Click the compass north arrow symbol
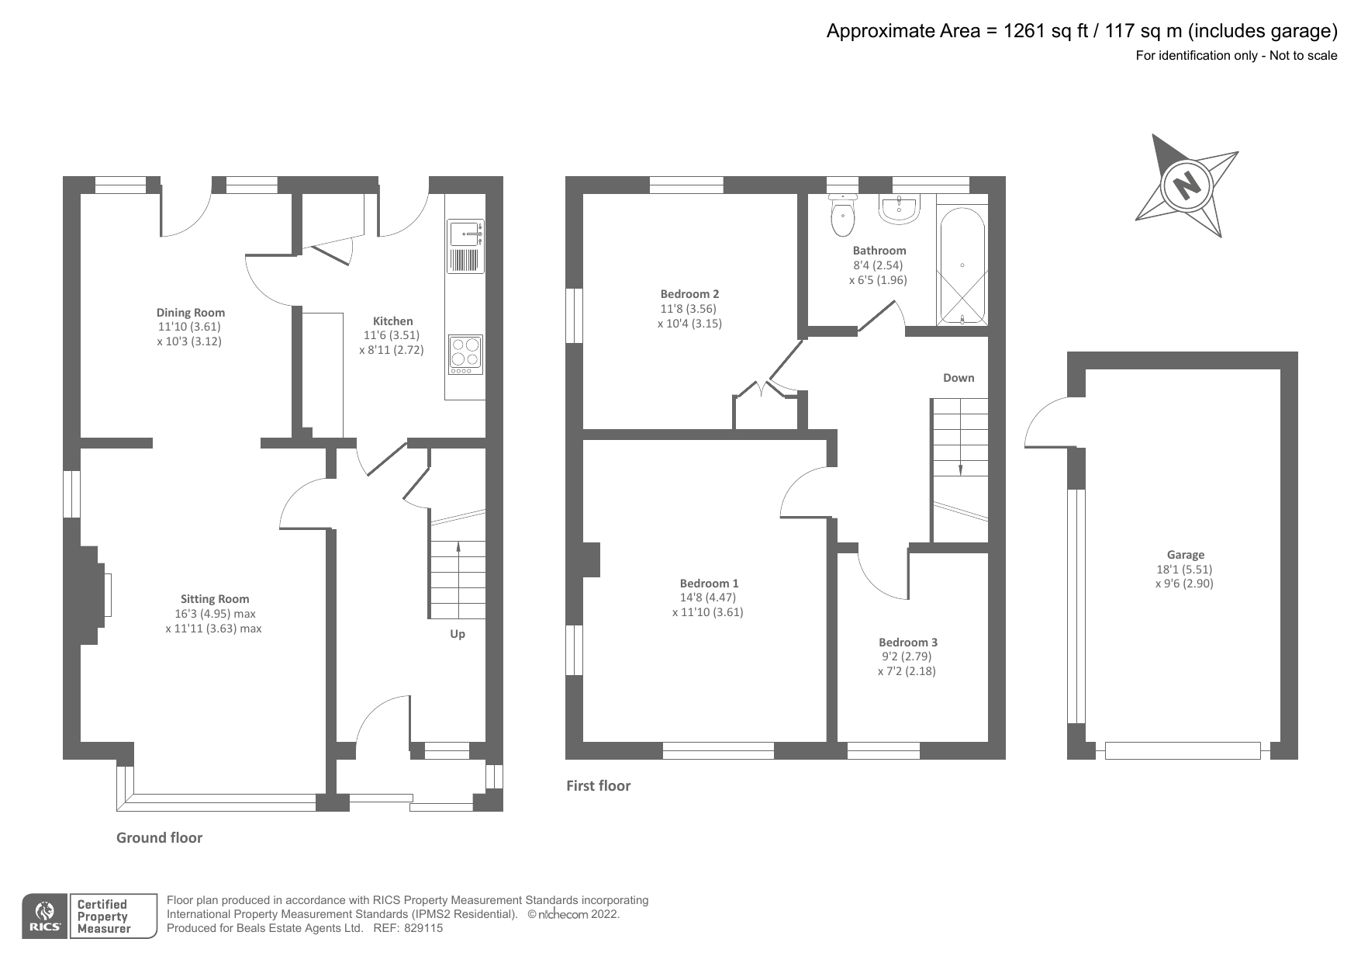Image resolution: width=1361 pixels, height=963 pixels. click(x=1185, y=186)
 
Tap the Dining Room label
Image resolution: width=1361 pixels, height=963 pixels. click(x=191, y=313)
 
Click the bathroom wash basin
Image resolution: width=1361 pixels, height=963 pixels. click(x=899, y=208)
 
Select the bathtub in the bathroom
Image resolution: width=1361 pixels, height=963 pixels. click(x=962, y=265)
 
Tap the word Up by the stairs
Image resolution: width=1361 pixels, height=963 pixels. click(x=458, y=634)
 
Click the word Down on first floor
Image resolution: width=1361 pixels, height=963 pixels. click(x=959, y=378)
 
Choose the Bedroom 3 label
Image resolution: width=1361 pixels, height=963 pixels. click(x=907, y=643)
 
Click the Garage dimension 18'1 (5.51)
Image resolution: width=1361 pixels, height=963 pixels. click(x=1184, y=569)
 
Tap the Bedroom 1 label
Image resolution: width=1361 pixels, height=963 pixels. click(x=709, y=584)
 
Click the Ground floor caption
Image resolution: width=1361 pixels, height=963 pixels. click(x=159, y=838)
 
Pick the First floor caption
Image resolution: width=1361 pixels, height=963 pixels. click(x=598, y=786)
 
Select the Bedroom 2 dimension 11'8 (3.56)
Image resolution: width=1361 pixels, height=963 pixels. click(x=689, y=308)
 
